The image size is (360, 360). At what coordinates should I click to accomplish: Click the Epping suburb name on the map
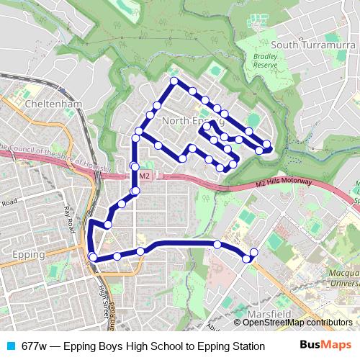(x=30, y=255)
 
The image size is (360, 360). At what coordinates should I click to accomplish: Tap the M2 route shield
(x=145, y=176)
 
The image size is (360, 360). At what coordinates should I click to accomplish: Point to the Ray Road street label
(x=70, y=219)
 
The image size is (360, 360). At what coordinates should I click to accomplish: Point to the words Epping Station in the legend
(x=230, y=346)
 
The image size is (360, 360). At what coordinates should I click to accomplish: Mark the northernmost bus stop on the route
(x=174, y=81)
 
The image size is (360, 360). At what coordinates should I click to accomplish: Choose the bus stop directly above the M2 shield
(x=135, y=167)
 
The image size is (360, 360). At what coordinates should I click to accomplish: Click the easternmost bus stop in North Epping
(x=267, y=144)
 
